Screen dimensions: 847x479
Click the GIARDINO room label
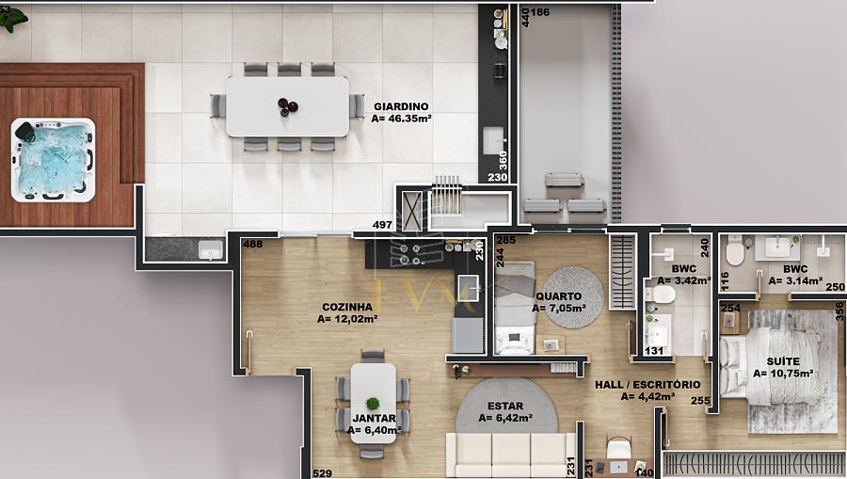(401, 106)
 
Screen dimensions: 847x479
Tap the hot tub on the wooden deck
(53, 160)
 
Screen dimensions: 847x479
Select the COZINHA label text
(347, 307)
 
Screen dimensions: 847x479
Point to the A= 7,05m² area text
(558, 309)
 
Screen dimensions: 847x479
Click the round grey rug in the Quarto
(572, 297)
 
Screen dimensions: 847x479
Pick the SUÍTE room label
(783, 361)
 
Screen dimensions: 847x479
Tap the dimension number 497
(382, 225)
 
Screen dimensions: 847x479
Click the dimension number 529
(323, 473)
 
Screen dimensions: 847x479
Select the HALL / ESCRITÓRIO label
(647, 385)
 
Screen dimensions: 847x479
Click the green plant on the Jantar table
(372, 403)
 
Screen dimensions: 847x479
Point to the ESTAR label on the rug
(505, 406)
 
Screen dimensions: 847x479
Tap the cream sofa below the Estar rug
(510, 455)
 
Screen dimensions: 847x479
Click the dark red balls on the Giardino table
(287, 106)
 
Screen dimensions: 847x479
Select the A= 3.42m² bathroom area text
(684, 280)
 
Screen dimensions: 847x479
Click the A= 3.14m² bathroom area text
(795, 280)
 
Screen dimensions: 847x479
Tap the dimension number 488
(253, 244)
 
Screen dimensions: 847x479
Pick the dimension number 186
(539, 12)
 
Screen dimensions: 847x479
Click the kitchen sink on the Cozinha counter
(469, 287)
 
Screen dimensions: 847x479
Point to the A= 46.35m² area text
(401, 119)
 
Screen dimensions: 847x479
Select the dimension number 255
(700, 401)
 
